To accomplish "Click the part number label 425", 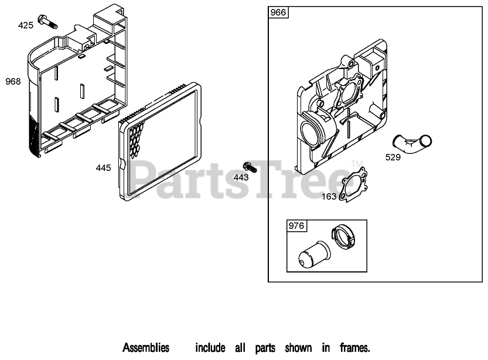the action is [26, 25].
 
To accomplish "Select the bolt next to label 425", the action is [46, 22].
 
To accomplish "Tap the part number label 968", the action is [13, 81].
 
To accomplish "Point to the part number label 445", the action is [103, 168].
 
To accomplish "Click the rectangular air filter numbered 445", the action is [162, 138].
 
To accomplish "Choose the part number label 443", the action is [241, 177].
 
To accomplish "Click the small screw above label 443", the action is [249, 166].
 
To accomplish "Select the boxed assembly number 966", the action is [278, 13].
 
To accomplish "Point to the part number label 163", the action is [329, 197].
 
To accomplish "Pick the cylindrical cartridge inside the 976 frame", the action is [313, 255].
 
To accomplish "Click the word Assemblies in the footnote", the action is [146, 348].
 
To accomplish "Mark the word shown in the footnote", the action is [298, 348].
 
